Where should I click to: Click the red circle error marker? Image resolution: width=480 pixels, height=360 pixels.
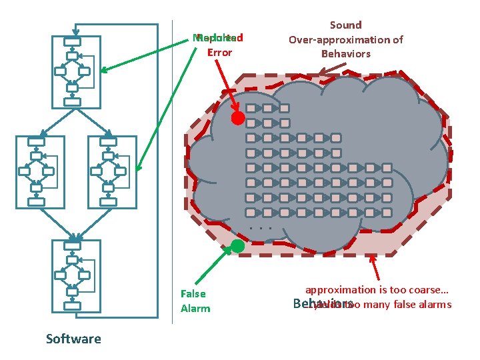(238, 119)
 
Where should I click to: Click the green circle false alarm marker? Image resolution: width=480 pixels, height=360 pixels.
(238, 245)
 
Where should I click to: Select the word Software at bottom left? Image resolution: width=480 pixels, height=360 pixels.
(73, 339)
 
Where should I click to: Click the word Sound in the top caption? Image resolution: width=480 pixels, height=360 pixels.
(345, 25)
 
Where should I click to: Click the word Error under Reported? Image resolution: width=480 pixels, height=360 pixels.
(219, 52)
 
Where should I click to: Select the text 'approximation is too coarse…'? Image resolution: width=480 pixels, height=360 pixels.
(377, 290)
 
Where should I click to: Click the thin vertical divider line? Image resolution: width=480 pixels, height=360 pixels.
(173, 180)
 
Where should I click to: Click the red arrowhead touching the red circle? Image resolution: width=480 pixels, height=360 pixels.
(233, 110)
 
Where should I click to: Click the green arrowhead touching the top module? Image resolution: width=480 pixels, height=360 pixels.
(105, 69)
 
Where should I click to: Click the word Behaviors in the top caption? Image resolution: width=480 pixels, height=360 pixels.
(345, 53)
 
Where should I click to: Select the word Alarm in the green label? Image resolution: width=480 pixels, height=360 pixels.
(195, 308)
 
